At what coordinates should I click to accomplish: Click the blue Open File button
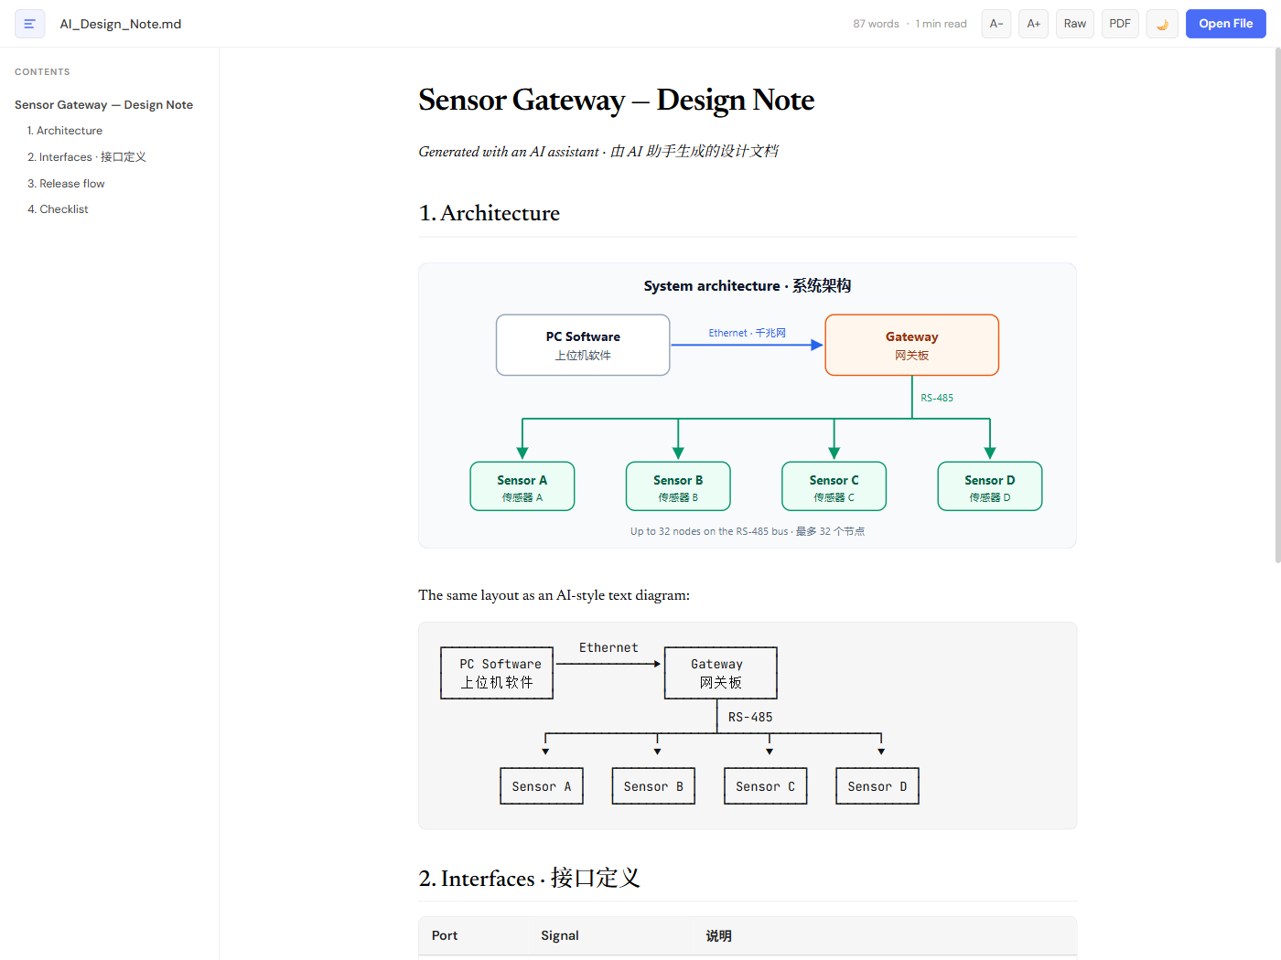pos(1225,24)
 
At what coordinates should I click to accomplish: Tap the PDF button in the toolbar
pos(1119,24)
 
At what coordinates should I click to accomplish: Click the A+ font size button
pos(1033,24)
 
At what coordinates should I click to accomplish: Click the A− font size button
pos(996,24)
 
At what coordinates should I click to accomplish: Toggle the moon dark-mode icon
pos(1161,24)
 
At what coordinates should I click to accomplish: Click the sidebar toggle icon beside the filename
pos(30,24)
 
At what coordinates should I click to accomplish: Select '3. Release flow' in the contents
pos(66,184)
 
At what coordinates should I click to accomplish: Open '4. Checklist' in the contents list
pos(58,209)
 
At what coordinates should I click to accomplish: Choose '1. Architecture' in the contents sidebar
pos(65,131)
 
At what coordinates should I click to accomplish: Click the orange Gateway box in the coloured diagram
pos(911,345)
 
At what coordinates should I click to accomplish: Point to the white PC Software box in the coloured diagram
pos(583,345)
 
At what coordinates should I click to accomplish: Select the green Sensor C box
pos(834,486)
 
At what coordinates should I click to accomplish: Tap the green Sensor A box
pos(522,486)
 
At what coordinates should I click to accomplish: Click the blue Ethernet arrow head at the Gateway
pos(818,345)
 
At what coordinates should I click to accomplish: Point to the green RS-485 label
pos(937,398)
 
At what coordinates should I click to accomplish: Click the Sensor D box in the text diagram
pos(877,786)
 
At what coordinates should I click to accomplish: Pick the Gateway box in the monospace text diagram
pos(720,673)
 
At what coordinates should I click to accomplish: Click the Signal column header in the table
pos(560,935)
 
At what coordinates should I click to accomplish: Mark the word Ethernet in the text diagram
pos(608,647)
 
